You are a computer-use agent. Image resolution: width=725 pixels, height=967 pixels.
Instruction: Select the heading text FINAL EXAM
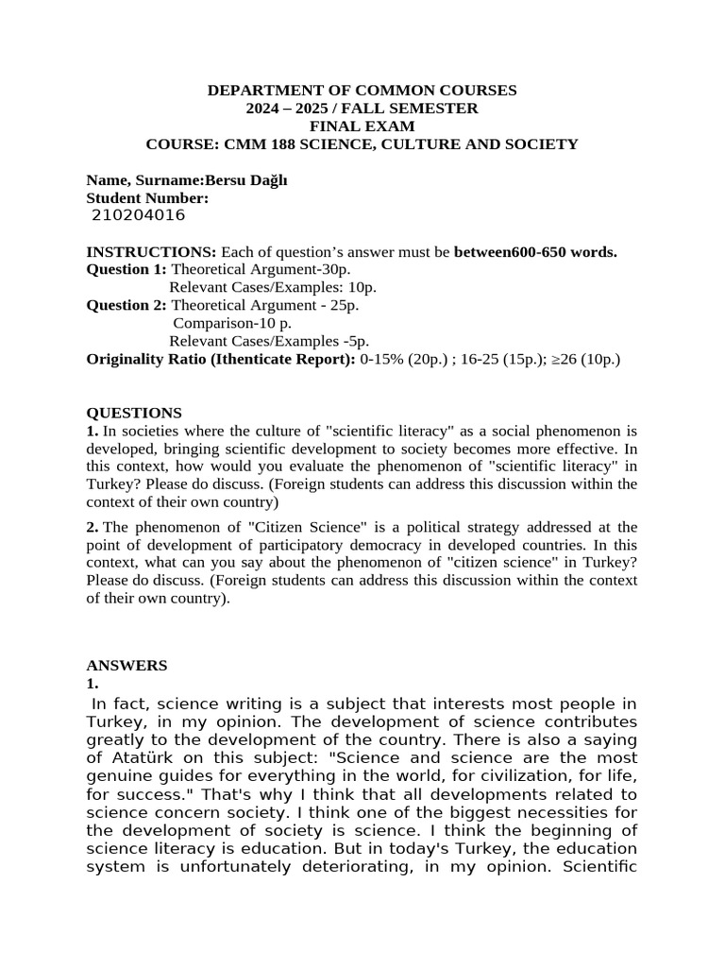(x=362, y=127)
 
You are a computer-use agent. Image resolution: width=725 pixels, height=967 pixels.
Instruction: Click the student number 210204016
(x=138, y=215)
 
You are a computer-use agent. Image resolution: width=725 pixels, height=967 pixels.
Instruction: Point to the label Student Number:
(x=147, y=197)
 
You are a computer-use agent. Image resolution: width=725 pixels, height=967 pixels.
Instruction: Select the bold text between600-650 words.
(x=535, y=252)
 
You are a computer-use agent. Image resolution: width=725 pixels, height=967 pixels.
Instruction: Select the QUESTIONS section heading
(x=134, y=413)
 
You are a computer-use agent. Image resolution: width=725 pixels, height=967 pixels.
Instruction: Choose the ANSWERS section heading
(x=126, y=665)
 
